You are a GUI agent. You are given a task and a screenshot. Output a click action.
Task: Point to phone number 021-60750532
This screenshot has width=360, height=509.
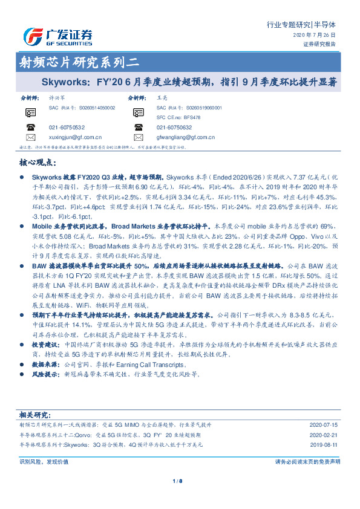[x=67, y=128]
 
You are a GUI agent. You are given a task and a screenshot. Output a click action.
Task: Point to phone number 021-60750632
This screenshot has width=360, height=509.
[x=174, y=128]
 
